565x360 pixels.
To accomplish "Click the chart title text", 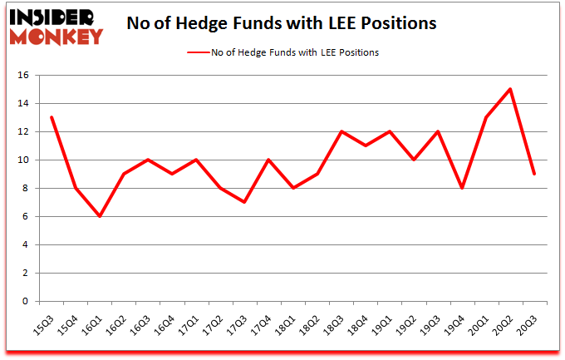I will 281,24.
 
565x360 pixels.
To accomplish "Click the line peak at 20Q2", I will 509,89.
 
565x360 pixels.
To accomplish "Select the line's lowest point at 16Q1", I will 100,216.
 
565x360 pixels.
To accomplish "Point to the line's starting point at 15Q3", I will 52,117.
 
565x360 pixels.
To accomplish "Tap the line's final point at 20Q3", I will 533,174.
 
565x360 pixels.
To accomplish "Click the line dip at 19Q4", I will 461,188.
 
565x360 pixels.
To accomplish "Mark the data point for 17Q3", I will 244,202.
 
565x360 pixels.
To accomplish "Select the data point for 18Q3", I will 341,131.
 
